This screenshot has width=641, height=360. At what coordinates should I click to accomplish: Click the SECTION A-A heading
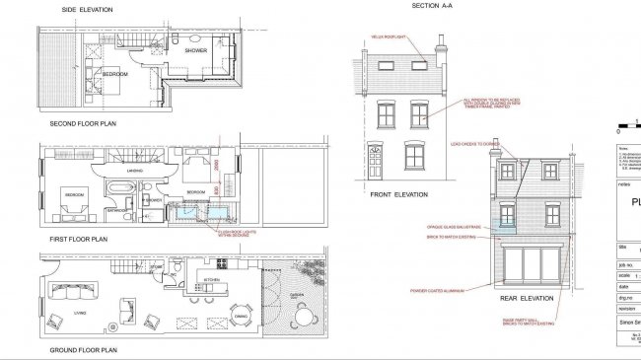click(432, 6)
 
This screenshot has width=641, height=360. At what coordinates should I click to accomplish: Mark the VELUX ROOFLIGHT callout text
click(390, 36)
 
